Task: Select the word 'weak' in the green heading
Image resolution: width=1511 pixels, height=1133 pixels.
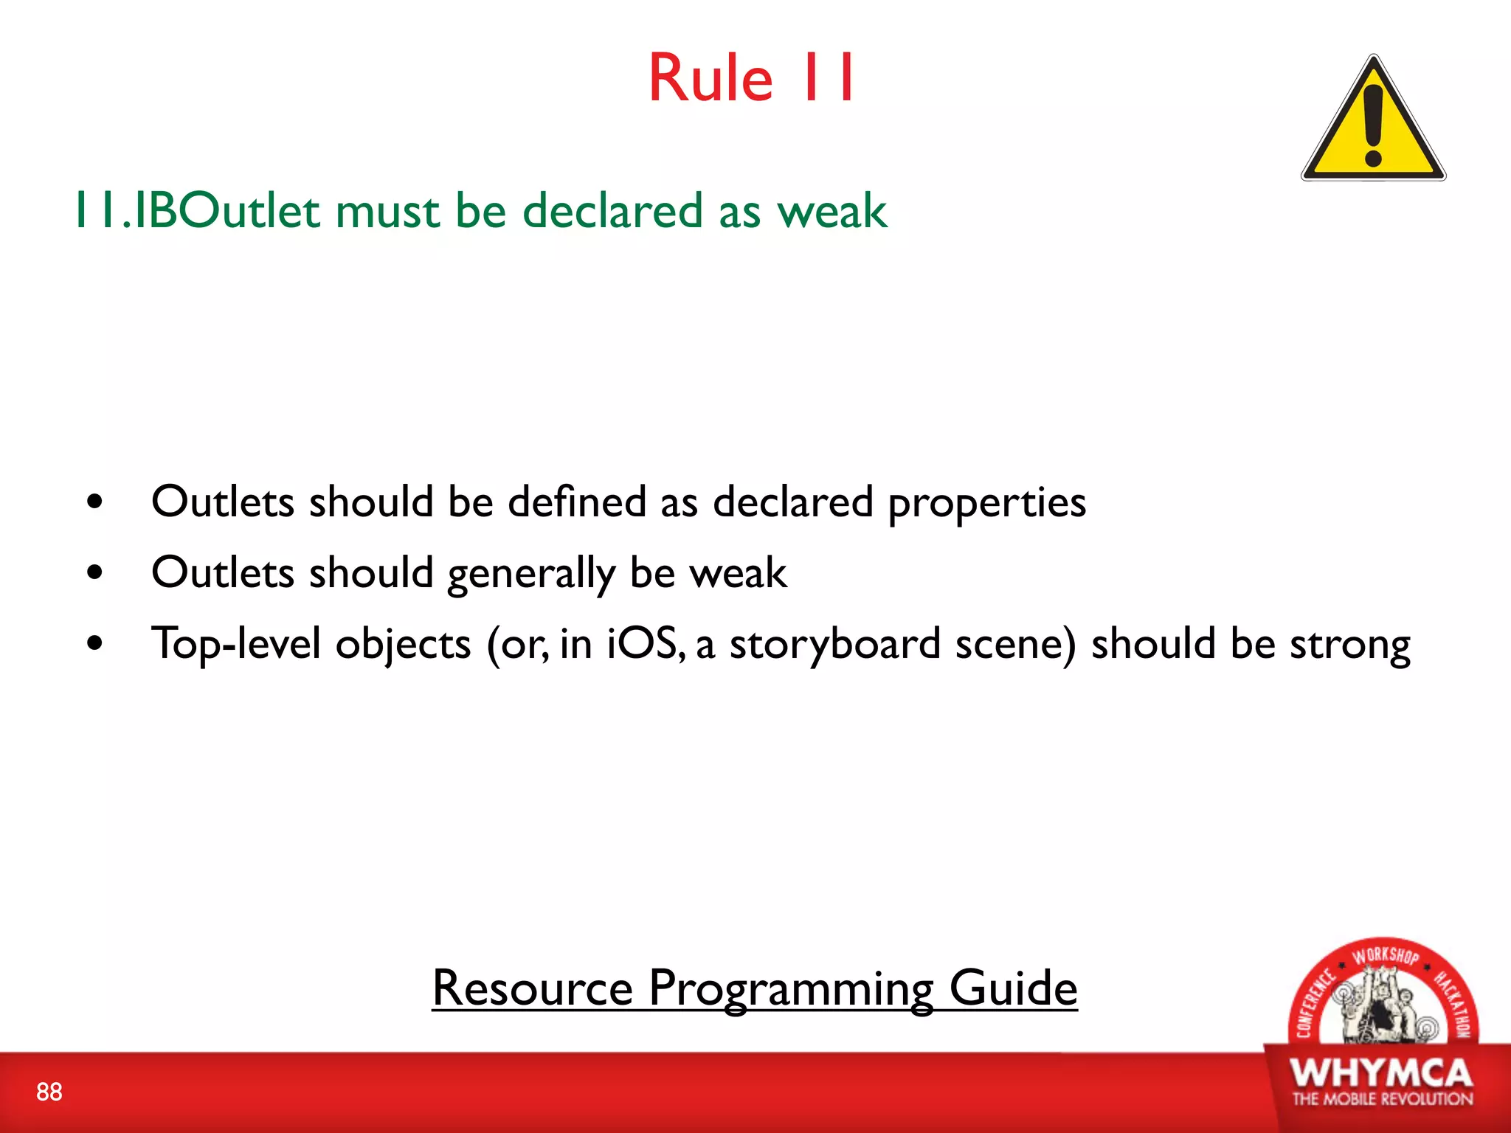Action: [831, 212]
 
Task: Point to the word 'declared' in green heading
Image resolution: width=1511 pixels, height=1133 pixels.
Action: [612, 212]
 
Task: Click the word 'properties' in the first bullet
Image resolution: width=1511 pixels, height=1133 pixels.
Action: [986, 504]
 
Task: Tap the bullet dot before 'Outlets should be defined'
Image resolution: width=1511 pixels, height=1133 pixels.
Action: [94, 502]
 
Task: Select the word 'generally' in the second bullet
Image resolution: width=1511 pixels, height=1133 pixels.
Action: [530, 575]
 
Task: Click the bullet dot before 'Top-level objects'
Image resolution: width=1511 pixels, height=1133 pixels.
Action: [94, 643]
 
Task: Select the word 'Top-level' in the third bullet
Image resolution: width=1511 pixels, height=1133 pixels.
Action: [236, 643]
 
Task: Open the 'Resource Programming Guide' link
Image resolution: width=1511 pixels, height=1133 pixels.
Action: [754, 988]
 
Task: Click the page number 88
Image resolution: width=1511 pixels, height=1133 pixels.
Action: [49, 1092]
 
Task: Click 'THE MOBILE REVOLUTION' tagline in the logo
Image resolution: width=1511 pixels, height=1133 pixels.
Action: [1382, 1099]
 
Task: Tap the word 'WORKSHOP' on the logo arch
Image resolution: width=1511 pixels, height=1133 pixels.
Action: [1385, 956]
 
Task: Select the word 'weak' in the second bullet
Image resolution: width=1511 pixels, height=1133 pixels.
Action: [737, 573]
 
